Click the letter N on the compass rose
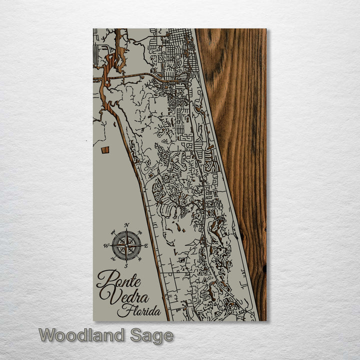click(x=126, y=225)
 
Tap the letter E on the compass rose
click(x=146, y=245)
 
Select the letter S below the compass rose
click(x=126, y=265)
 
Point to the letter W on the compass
click(x=106, y=245)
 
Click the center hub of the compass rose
click(x=126, y=245)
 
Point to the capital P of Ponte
click(x=103, y=279)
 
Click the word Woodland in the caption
click(x=81, y=335)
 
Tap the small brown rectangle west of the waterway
click(x=105, y=150)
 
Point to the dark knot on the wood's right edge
click(x=263, y=269)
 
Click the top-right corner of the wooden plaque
click(x=266, y=29)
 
